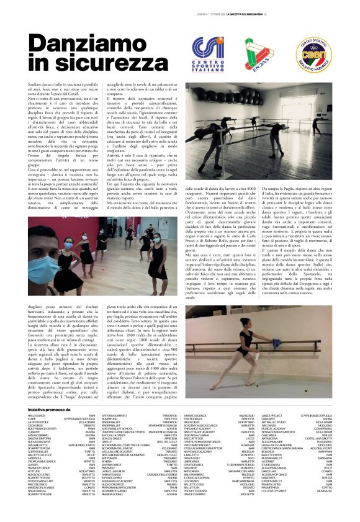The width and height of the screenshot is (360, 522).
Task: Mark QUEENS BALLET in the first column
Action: (39, 452)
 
